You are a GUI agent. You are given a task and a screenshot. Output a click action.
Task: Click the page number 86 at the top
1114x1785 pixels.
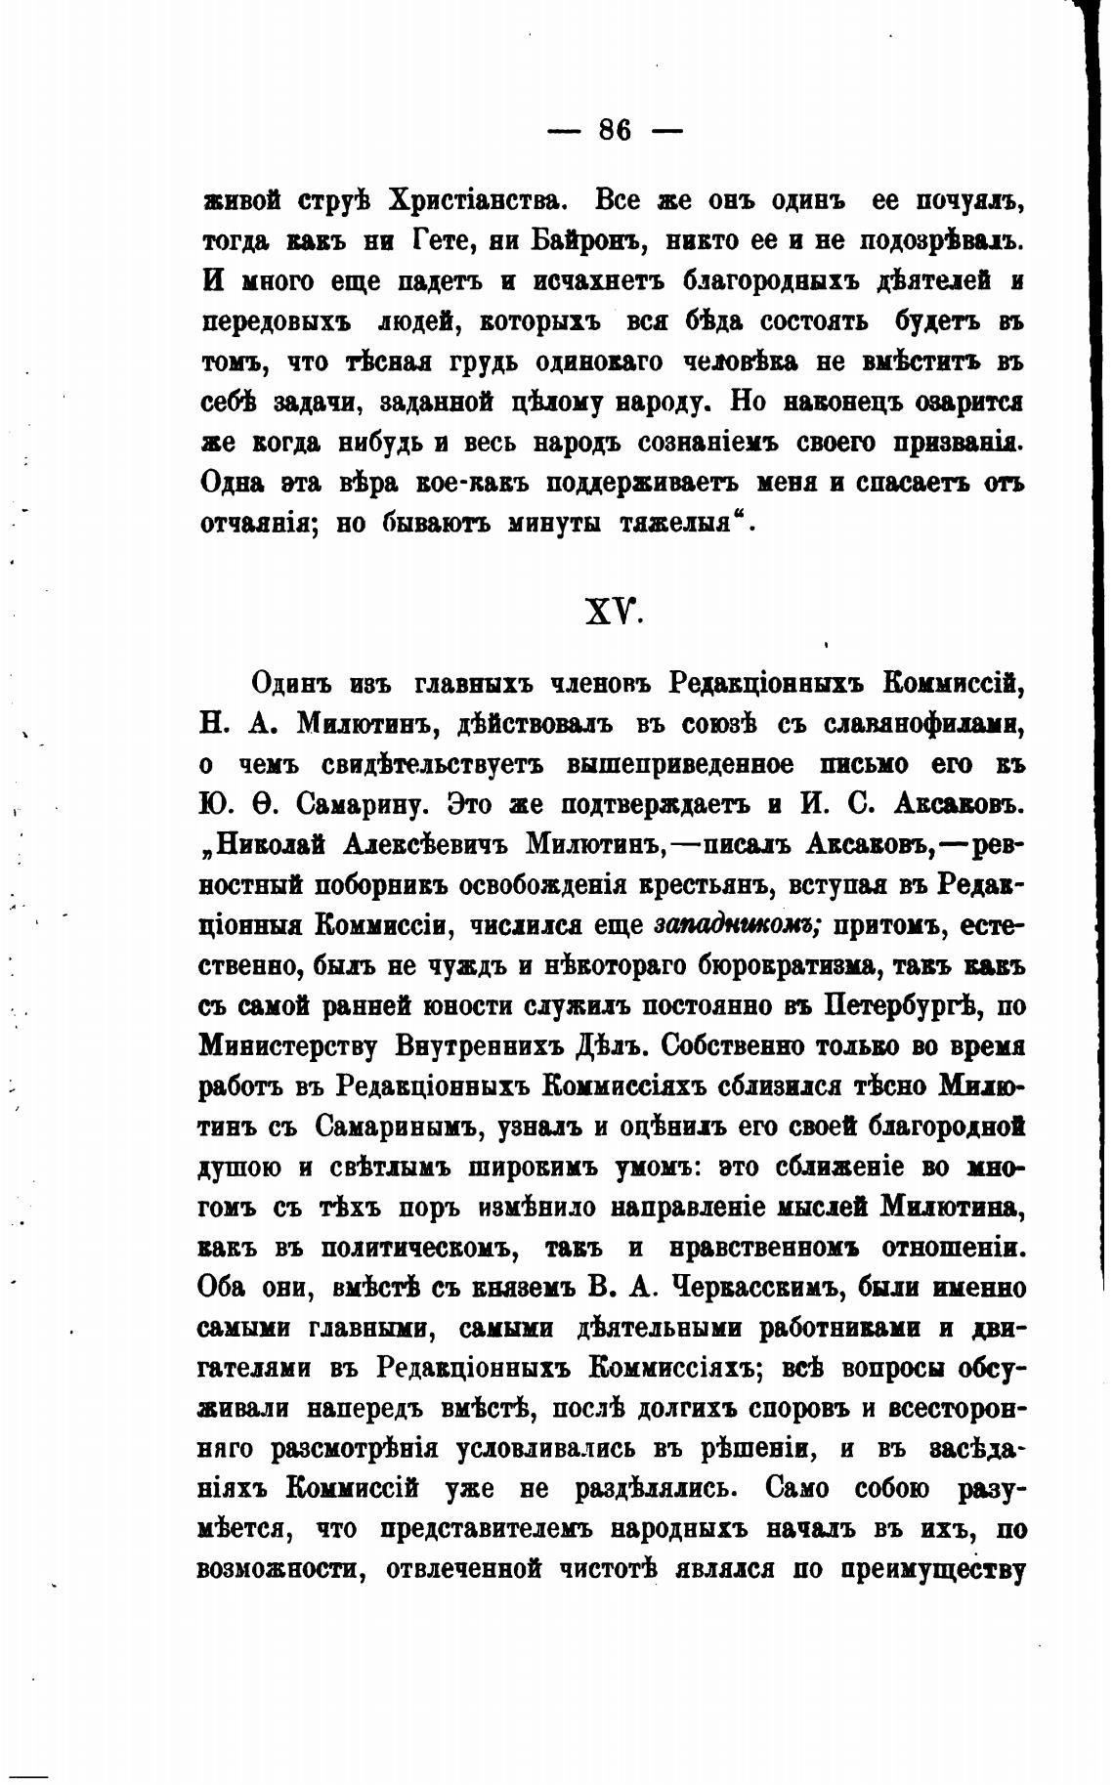click(615, 130)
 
